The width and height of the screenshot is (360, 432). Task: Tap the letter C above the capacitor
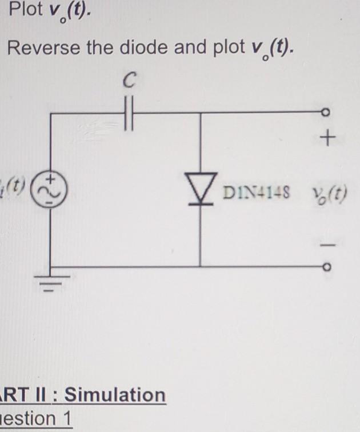click(x=129, y=83)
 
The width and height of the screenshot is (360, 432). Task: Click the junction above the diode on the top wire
click(x=200, y=114)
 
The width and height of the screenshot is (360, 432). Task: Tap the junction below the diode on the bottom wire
click(x=200, y=266)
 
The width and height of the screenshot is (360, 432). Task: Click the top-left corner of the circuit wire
click(x=51, y=114)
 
